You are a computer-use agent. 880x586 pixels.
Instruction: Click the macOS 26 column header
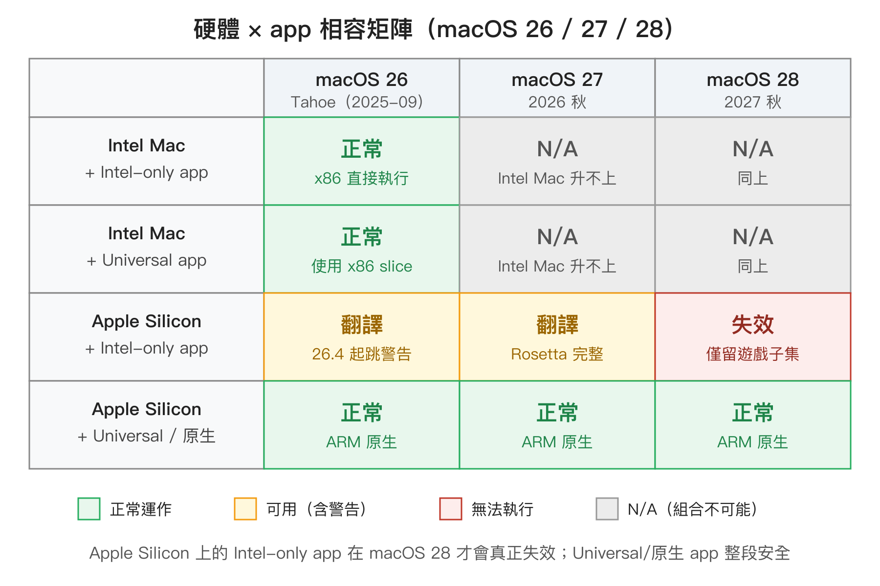361,88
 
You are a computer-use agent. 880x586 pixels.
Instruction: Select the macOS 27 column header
557,88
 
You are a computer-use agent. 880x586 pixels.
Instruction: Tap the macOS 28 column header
752,88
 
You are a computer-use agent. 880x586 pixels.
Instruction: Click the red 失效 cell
752,337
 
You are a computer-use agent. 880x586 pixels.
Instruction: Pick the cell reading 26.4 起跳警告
361,337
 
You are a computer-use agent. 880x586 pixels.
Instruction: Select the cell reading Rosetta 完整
557,337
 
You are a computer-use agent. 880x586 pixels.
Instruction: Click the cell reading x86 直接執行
361,161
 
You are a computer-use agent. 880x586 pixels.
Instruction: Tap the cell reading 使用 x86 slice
361,249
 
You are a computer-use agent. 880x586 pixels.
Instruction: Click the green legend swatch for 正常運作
89,509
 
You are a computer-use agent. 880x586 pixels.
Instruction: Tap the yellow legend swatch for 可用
245,509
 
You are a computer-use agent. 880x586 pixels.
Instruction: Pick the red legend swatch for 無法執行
451,509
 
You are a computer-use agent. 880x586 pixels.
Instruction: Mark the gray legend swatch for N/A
607,509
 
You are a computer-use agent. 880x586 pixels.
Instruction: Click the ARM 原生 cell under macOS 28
752,425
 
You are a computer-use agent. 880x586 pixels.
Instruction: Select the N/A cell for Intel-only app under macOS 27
557,161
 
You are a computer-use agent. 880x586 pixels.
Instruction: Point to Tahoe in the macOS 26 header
313,102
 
